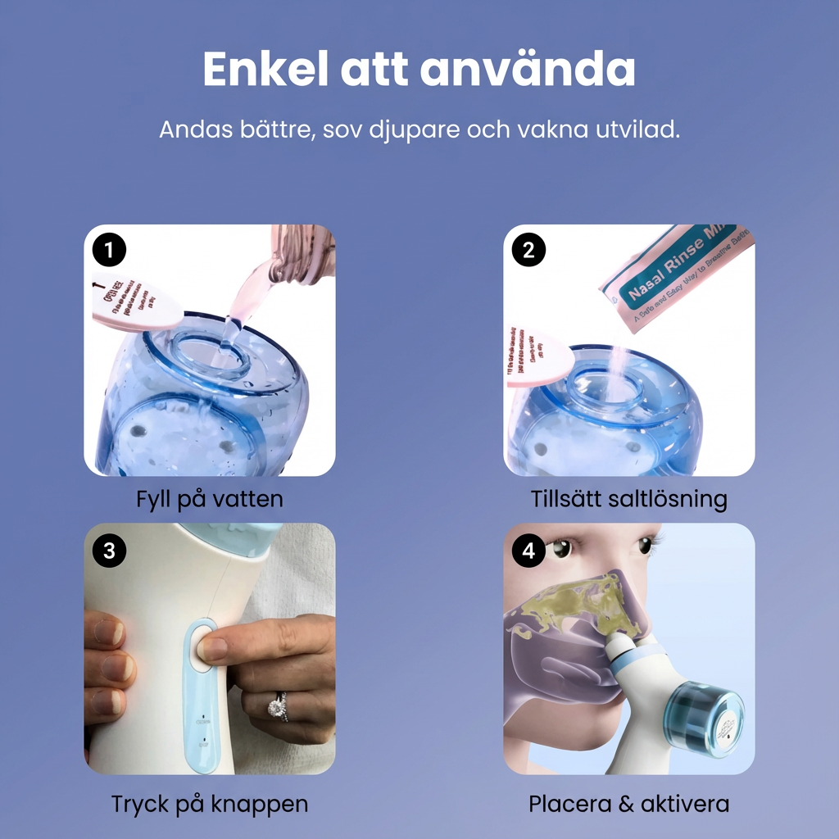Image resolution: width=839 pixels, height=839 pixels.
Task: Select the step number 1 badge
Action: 109,250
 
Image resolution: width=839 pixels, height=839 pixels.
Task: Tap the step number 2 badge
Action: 528,250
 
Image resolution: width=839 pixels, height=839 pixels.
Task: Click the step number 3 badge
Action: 109,550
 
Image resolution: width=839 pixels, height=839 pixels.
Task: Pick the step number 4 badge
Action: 528,550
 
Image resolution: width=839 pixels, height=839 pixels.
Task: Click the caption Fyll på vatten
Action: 210,499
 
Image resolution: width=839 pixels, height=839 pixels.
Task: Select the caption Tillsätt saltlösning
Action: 628,499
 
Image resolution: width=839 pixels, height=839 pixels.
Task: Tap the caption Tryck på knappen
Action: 210,804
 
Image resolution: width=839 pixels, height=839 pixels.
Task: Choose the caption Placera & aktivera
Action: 628,804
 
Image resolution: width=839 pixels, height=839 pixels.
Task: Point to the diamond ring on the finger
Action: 279,706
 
